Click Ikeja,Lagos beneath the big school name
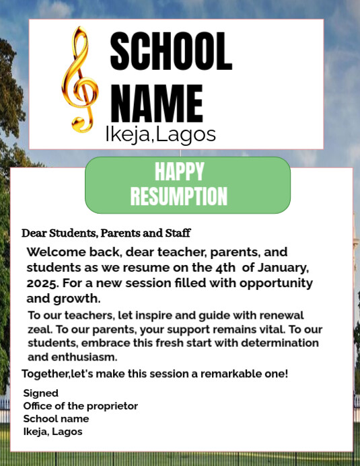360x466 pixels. click(160, 134)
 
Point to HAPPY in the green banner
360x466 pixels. click(179, 171)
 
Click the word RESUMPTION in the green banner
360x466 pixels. click(179, 196)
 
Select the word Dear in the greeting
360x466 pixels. click(34, 233)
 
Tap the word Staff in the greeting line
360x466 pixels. click(178, 233)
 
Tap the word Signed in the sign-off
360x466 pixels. click(41, 393)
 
